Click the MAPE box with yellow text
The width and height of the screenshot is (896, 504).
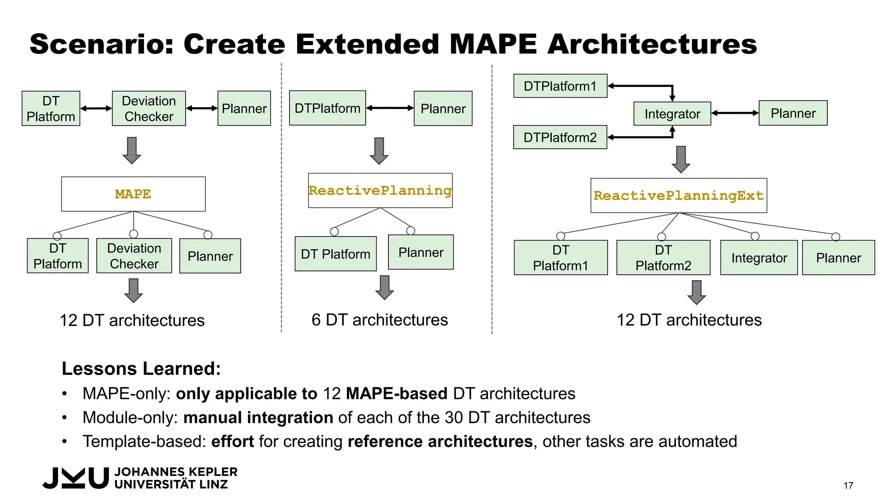coord(133,194)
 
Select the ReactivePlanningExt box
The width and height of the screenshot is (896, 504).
coord(678,196)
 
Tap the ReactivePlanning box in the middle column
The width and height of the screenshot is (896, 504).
coord(380,190)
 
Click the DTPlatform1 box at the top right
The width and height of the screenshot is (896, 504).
coord(560,86)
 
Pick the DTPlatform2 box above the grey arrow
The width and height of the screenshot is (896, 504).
coord(560,137)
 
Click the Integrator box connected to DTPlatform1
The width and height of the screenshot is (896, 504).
coord(672,114)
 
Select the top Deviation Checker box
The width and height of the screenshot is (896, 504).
coord(149,108)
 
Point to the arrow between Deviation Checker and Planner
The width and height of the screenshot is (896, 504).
coord(202,108)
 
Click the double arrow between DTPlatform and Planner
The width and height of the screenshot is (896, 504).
coord(390,108)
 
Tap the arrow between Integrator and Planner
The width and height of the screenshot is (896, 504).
coord(735,113)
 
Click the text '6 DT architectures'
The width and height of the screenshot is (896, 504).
coord(379,320)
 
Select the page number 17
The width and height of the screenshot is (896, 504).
coord(848,486)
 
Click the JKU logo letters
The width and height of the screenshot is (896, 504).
coord(76,478)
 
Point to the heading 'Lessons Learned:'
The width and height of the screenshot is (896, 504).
coord(141,368)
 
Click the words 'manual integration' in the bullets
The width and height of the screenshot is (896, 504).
coord(258,417)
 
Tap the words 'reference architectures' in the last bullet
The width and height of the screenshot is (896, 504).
coord(440,441)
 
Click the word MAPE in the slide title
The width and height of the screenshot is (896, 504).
coord(493,44)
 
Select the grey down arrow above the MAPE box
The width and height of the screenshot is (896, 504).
coord(132,150)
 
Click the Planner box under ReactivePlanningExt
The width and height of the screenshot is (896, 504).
coord(838,258)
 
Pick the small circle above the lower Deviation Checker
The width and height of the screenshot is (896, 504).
coord(134,234)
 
